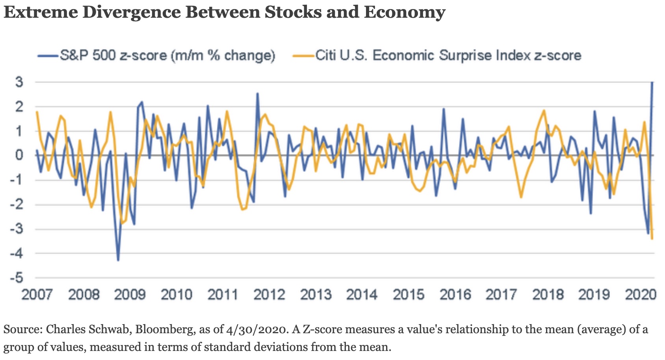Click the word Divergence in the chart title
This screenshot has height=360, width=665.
click(x=131, y=12)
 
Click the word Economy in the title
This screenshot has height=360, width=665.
click(x=404, y=12)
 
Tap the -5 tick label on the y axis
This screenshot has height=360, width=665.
click(x=17, y=278)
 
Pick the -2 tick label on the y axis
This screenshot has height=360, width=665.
click(x=17, y=204)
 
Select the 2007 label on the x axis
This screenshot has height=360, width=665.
click(x=37, y=295)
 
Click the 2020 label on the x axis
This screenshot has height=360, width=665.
click(x=640, y=295)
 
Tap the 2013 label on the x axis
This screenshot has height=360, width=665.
click(x=316, y=295)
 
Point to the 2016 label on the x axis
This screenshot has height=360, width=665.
click(x=455, y=295)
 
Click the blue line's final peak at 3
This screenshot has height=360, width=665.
click(x=652, y=82)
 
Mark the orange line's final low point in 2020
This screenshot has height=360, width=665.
click(x=652, y=239)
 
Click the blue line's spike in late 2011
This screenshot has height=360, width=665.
click(x=257, y=93)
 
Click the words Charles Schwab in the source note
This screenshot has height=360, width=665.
click(x=88, y=329)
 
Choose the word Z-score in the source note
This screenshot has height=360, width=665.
click(x=322, y=329)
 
